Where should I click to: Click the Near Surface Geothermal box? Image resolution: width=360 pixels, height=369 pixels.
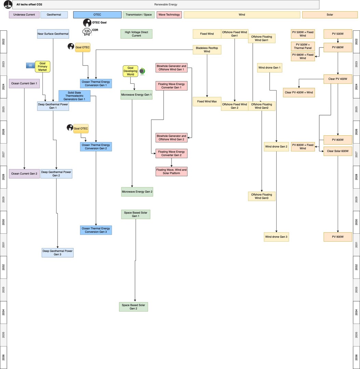[53, 34]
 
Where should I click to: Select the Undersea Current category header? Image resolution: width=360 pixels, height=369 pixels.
[24, 15]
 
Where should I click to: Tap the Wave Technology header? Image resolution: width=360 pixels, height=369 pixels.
[169, 15]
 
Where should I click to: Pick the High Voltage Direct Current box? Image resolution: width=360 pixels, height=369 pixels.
[136, 34]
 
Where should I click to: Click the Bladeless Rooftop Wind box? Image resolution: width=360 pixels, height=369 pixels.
[207, 50]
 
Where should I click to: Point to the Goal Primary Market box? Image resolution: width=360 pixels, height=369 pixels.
[42, 67]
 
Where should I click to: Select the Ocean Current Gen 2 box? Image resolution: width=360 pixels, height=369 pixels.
[24, 174]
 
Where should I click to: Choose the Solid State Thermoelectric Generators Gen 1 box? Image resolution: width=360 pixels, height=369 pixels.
[74, 96]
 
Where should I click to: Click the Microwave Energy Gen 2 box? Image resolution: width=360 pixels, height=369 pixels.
[137, 192]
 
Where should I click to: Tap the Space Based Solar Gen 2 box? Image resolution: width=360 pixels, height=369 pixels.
[133, 307]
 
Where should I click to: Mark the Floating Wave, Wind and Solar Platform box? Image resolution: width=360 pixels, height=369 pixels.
[171, 172]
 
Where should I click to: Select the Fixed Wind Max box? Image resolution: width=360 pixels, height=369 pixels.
[207, 101]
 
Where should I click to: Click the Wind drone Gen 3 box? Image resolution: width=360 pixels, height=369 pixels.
[276, 237]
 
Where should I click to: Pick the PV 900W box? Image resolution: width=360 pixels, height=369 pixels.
[338, 237]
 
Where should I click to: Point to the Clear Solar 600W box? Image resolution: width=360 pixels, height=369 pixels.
[338, 151]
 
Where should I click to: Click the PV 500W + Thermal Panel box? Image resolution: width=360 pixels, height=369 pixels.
[303, 46]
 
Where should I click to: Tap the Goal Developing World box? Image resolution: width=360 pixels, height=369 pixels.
[131, 71]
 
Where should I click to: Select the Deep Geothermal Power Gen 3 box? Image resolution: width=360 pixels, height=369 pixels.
[57, 252]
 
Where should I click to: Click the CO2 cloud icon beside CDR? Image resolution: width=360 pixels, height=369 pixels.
[86, 32]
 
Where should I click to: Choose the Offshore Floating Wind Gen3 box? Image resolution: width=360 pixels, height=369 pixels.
[262, 196]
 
